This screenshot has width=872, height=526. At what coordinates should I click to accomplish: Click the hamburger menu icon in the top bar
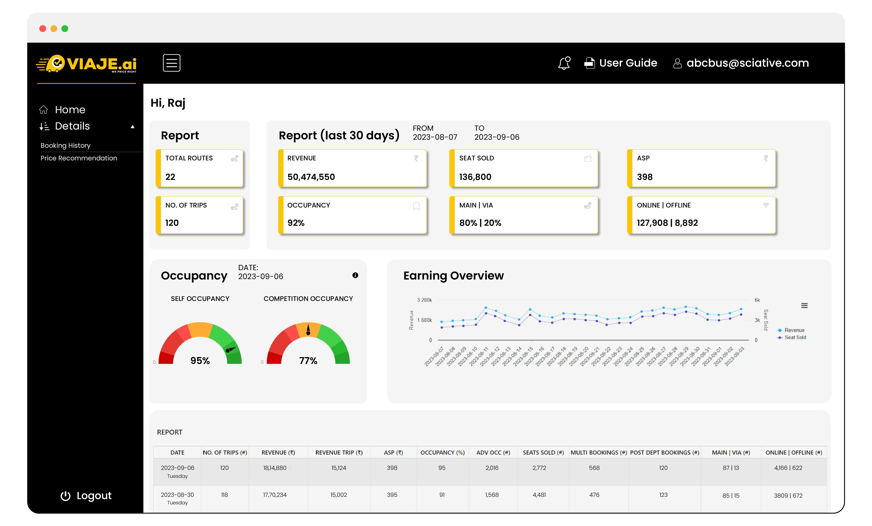(172, 63)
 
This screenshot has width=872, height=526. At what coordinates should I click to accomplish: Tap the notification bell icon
(564, 63)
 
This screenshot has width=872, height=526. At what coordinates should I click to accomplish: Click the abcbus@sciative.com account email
(747, 63)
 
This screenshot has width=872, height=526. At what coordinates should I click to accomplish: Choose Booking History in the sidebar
(65, 145)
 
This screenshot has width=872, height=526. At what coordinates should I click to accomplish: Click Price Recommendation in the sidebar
(79, 158)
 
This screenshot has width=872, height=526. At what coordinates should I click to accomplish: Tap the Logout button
(86, 496)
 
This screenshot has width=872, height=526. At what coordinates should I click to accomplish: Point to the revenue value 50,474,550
(311, 177)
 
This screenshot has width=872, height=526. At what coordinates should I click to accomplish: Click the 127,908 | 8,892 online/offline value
(667, 223)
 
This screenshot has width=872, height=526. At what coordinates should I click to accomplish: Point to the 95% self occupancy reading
(200, 361)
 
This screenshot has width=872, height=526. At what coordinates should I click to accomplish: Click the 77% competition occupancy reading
(308, 361)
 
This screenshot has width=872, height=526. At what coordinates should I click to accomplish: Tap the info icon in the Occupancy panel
(355, 275)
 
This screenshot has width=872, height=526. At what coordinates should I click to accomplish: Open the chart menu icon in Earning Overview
(804, 305)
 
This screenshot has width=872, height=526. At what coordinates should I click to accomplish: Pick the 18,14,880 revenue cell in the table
(275, 468)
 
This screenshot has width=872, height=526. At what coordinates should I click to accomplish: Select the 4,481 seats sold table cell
(539, 495)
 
